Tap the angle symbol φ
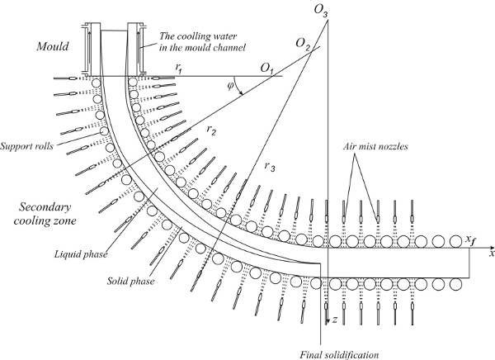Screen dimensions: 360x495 pos(232,85)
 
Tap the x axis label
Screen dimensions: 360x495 pos(490,253)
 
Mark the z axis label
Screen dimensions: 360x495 pos(337,318)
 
